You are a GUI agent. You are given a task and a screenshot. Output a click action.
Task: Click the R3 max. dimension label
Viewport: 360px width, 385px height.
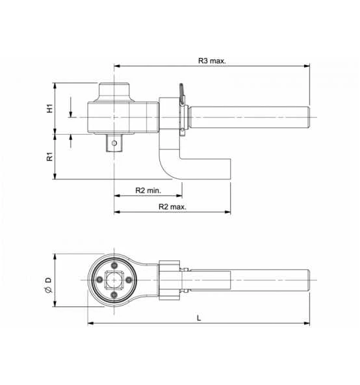pos(212,60)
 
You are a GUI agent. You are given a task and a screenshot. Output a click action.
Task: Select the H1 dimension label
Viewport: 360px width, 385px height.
pos(50,108)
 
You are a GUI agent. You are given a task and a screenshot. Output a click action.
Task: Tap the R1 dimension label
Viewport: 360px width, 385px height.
pos(49,156)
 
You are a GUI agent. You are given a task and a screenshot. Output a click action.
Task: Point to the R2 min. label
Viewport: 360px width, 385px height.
pos(148,191)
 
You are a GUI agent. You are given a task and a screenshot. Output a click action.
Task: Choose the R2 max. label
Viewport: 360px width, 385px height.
pos(172,207)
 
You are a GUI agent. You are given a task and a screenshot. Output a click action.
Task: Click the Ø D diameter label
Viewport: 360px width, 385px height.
pos(49,285)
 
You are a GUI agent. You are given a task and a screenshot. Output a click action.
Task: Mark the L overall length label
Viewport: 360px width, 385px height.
pos(199,318)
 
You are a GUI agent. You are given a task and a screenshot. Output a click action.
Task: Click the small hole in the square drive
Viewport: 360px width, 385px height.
pos(114,143)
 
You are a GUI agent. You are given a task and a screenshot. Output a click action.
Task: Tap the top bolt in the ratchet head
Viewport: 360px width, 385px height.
pos(114,265)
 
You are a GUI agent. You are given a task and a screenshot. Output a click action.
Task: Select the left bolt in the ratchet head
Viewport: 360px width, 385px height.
pos(99,280)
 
